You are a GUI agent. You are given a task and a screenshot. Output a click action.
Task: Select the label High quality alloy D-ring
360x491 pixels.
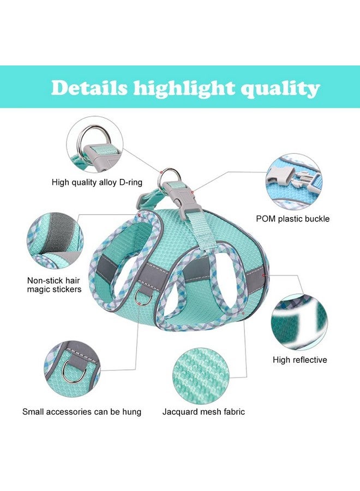(97, 182)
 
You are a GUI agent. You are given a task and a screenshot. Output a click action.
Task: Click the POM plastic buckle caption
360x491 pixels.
(293, 219)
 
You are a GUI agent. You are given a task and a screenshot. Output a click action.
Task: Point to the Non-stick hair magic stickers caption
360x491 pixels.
(54, 285)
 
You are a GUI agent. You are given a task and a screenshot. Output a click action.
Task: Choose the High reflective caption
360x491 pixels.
(299, 360)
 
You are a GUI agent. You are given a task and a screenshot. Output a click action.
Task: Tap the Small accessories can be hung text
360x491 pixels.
(82, 411)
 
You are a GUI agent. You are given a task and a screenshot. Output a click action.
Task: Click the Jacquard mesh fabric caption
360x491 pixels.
(203, 411)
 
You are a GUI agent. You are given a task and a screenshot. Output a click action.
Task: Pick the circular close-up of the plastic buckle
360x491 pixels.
(294, 181)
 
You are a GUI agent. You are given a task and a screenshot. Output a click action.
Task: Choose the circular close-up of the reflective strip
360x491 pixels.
(299, 322)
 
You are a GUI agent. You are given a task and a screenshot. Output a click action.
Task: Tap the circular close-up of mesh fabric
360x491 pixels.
(201, 374)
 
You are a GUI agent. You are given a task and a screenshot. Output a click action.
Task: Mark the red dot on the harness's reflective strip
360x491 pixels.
(263, 276)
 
